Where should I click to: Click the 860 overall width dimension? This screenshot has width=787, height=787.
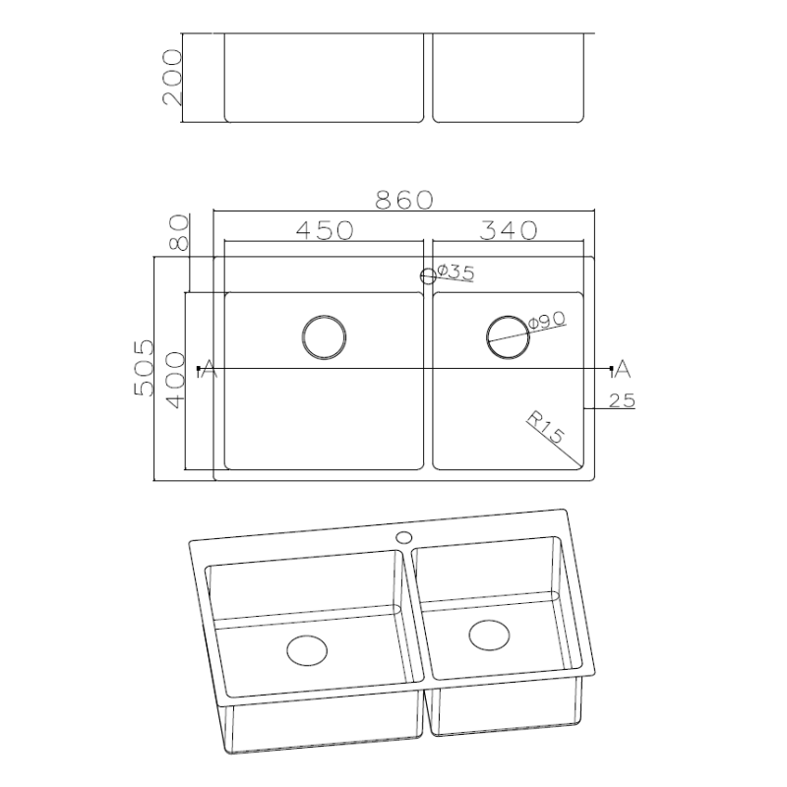[404, 200]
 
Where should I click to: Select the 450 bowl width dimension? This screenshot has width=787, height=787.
[325, 230]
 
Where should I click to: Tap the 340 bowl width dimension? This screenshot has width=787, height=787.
[509, 230]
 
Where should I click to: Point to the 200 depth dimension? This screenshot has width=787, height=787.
[171, 77]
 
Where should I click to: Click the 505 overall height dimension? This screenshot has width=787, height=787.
[144, 368]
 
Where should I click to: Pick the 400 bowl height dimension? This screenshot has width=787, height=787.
[176, 380]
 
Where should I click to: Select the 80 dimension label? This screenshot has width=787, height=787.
[180, 232]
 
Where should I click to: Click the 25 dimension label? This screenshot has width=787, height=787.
[622, 400]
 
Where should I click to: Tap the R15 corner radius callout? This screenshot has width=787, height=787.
[547, 428]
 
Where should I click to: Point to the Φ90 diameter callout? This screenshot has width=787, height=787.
[547, 321]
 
